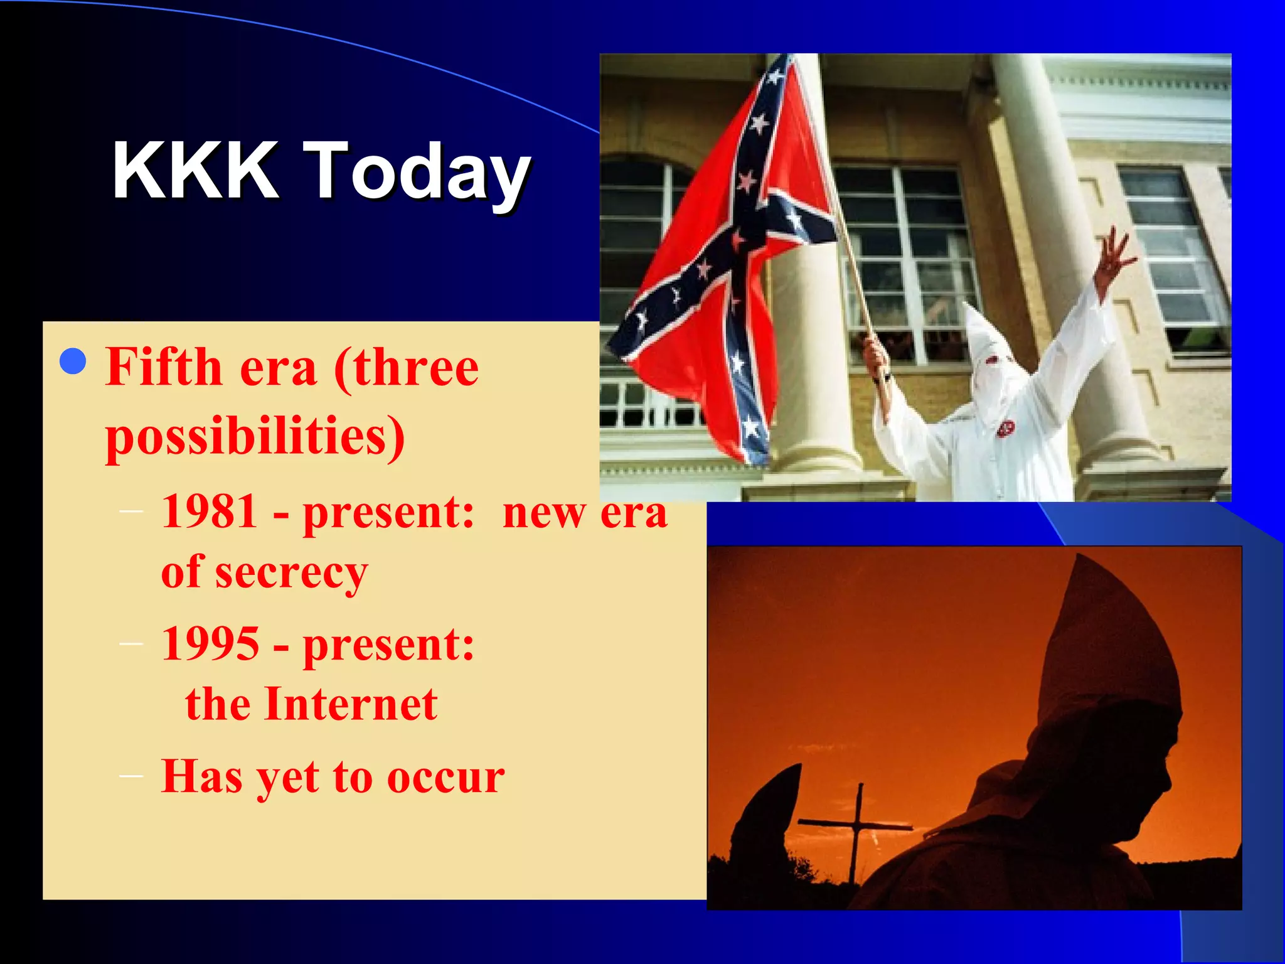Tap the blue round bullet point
[x=73, y=361]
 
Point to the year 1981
[x=210, y=511]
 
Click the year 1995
[x=210, y=645]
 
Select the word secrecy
[x=291, y=572]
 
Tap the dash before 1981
[x=131, y=511]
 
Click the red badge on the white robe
[x=1005, y=429]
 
